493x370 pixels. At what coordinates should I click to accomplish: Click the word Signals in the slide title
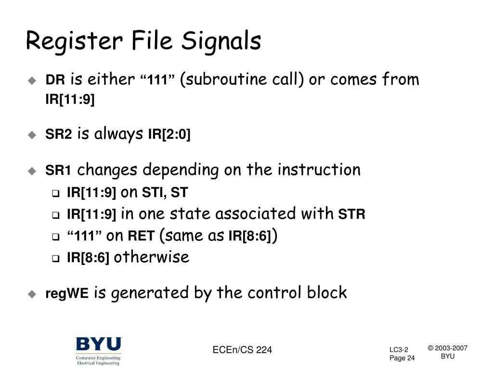[221, 41]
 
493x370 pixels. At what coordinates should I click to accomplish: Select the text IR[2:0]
[169, 135]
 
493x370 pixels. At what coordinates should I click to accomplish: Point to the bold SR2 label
[58, 135]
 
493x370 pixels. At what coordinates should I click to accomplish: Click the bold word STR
[352, 214]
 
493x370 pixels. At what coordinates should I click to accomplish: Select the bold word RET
[141, 236]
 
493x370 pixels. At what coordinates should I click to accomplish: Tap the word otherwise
[152, 257]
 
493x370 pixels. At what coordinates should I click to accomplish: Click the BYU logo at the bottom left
[98, 351]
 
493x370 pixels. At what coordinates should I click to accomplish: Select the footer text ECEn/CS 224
[242, 350]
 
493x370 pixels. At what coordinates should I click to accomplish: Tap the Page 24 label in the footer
[402, 358]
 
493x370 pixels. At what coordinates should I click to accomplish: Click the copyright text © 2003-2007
[447, 348]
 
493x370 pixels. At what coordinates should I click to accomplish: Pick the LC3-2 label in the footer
[399, 349]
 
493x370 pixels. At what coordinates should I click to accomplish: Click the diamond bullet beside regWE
[32, 294]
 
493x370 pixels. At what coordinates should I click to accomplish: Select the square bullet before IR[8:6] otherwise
[55, 259]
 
